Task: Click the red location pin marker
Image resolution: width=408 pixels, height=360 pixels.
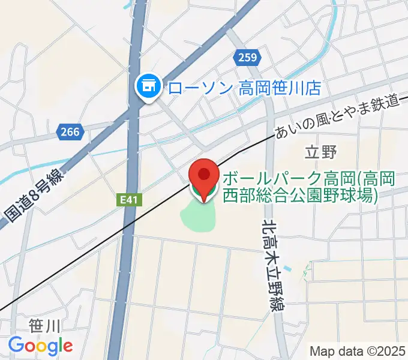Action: coord(204,179)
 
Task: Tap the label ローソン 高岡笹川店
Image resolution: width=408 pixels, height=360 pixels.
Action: coord(244,89)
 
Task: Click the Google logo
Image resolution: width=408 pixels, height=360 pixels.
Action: coord(40,346)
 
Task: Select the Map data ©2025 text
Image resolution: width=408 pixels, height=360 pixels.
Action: coord(356,350)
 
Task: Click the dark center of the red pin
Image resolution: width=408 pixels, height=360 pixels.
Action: coord(204,174)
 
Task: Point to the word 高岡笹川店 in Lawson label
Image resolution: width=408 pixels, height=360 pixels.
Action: coord(280,89)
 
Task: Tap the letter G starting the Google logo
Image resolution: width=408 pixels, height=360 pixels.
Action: coord(16,346)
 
